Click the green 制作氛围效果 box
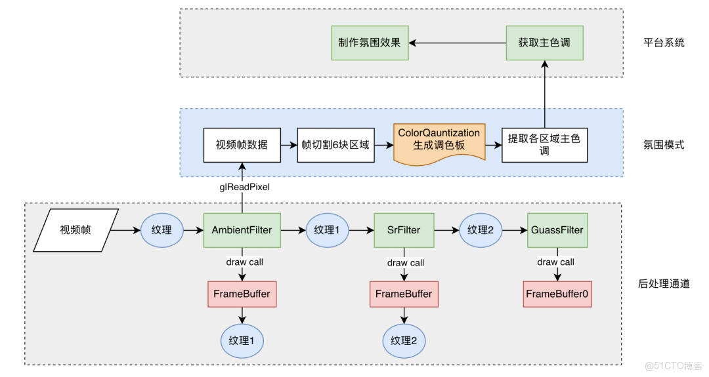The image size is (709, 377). pyautogui.click(x=370, y=43)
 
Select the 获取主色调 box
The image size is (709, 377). pyautogui.click(x=544, y=43)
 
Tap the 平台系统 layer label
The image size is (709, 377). pyautogui.click(x=664, y=43)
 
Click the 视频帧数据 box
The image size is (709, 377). pyautogui.click(x=242, y=145)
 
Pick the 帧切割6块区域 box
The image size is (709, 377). pyautogui.click(x=335, y=145)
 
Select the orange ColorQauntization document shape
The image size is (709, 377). pyautogui.click(x=439, y=140)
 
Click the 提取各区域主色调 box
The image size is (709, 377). pyautogui.click(x=544, y=145)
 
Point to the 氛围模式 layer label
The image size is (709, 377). pyautogui.click(x=664, y=145)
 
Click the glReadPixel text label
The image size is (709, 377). pyautogui.click(x=244, y=187)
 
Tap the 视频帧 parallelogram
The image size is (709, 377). pyautogui.click(x=76, y=230)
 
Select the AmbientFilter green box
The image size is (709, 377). pyautogui.click(x=242, y=230)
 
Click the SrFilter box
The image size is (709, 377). pyautogui.click(x=404, y=230)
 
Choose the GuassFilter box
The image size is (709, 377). pyautogui.click(x=556, y=230)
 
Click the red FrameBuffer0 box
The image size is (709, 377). pyautogui.click(x=557, y=294)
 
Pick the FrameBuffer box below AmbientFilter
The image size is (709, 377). pyautogui.click(x=242, y=294)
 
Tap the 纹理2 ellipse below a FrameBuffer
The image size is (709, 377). pyautogui.click(x=404, y=340)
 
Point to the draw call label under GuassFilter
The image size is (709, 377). pyautogui.click(x=556, y=262)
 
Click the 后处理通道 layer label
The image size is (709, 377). pyautogui.click(x=664, y=284)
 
